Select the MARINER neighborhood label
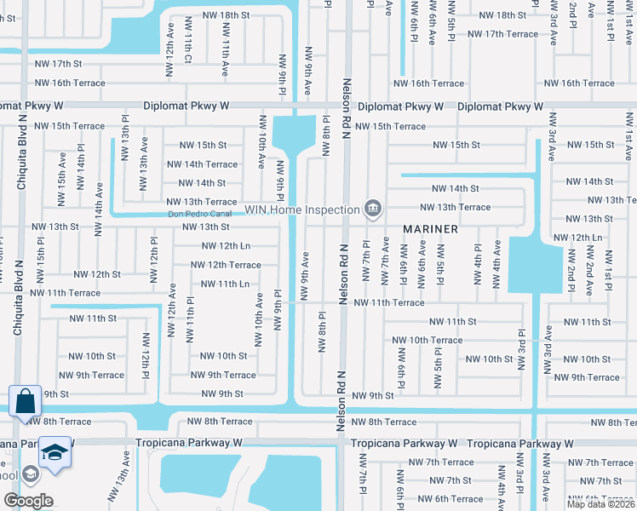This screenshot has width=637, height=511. (x=430, y=230)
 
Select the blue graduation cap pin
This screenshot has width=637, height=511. (x=55, y=452)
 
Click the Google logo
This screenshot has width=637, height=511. (x=28, y=500)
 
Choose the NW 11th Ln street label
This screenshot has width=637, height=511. (x=224, y=284)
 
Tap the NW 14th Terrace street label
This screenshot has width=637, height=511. (x=202, y=164)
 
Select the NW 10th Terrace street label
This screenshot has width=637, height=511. (x=428, y=340)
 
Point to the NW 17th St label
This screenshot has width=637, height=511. (x=58, y=64)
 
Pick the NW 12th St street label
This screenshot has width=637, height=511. (x=96, y=274)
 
